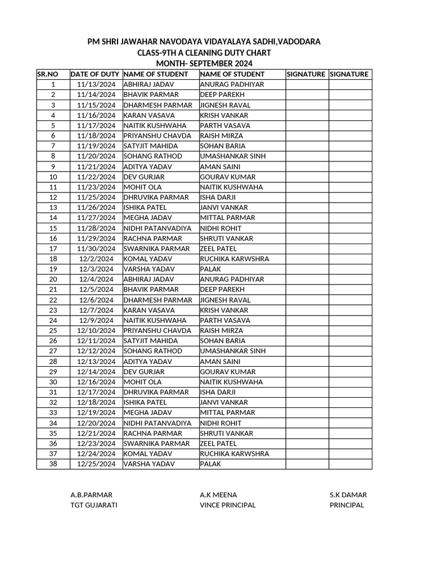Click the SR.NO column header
(x=48, y=74)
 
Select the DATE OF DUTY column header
(x=94, y=74)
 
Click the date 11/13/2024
(x=96, y=84)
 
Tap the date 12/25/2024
(x=96, y=464)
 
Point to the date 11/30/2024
(x=96, y=249)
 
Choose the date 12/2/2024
(x=96, y=259)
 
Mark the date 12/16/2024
(x=96, y=382)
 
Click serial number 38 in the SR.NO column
(x=53, y=464)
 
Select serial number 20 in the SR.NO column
(x=53, y=279)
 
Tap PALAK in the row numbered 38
(x=210, y=464)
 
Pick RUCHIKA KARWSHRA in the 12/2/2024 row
(x=234, y=259)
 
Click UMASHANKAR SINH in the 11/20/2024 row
(x=233, y=156)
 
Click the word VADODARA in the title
(x=296, y=42)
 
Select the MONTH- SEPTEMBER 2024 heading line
(x=204, y=64)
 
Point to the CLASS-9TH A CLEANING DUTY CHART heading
(x=204, y=53)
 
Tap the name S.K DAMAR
(x=348, y=495)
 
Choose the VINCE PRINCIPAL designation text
(x=228, y=505)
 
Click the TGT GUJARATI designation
(x=94, y=505)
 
